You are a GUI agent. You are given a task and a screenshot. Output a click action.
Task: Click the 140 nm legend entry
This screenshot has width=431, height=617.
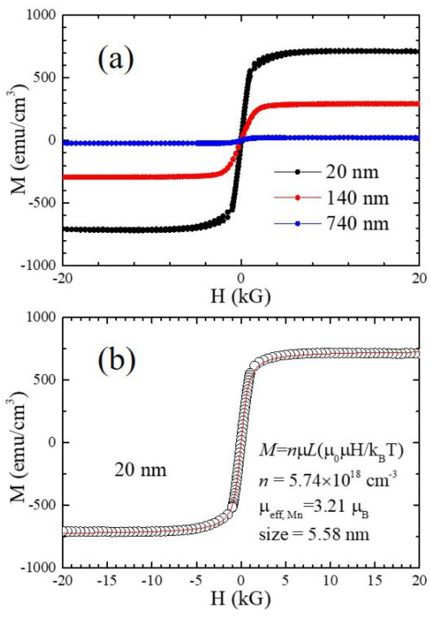click(357, 198)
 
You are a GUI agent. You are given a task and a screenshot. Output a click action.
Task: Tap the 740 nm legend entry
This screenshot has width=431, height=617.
click(357, 223)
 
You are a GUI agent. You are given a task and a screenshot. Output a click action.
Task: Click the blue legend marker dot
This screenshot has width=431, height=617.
click(297, 223)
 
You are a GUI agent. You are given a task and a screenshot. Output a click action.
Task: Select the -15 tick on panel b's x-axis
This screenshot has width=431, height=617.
click(107, 580)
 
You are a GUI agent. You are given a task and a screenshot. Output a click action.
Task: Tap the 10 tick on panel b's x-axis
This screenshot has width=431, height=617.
click(330, 580)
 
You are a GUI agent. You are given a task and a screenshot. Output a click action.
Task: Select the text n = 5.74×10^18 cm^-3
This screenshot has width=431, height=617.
click(327, 479)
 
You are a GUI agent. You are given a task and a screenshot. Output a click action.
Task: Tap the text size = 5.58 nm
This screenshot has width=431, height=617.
click(314, 534)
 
